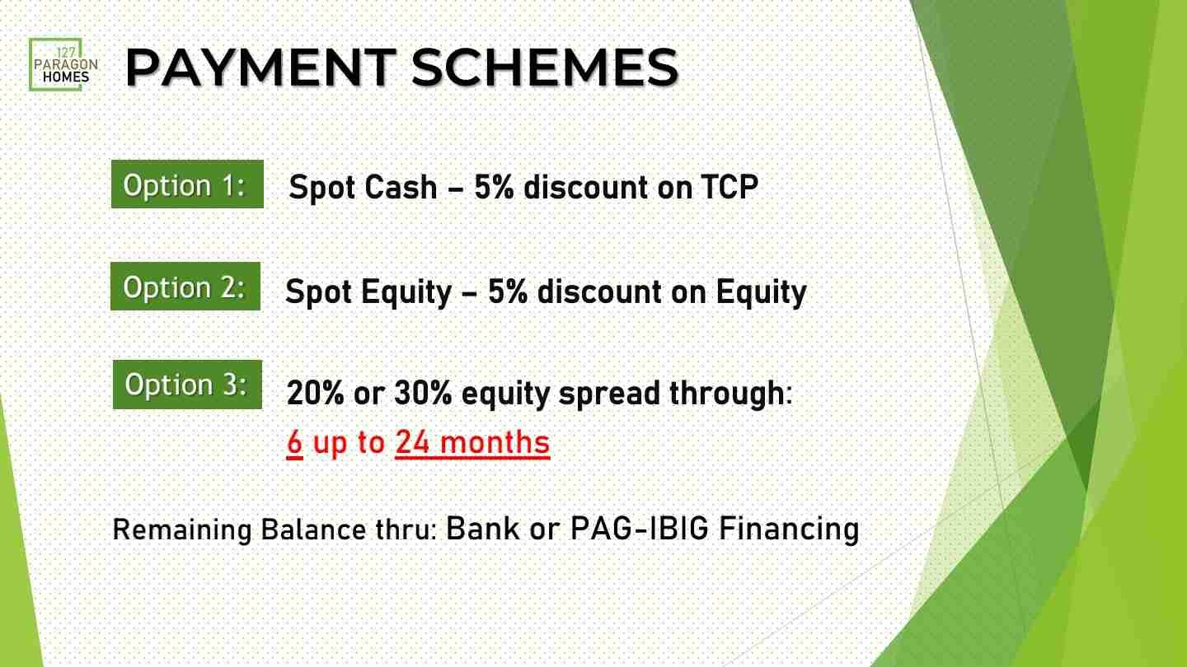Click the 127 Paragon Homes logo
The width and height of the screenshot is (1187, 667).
pos(63,64)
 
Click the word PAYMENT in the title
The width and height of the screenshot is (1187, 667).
pos(260,68)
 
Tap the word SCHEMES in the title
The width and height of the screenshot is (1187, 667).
pos(545,68)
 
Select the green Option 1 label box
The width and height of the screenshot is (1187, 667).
pos(187,184)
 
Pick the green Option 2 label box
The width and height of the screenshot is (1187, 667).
pos(185,286)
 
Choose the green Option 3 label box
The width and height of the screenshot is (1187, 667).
pos(188,385)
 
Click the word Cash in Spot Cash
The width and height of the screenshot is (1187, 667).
pos(401,187)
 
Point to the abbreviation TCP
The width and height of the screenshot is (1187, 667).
pos(730,187)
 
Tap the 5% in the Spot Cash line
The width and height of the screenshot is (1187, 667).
pos(494,187)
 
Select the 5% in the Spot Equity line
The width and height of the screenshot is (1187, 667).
pos(508,292)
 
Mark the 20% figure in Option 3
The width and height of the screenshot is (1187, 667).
pos(315,393)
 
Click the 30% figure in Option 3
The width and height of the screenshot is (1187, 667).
pos(424,393)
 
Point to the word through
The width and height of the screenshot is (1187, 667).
pos(727,394)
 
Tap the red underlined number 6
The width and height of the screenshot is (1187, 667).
pos(294,442)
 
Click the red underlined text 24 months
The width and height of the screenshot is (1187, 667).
pos(472,442)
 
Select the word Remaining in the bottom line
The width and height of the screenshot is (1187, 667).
pos(182,530)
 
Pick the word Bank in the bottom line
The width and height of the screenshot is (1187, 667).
pos(482,529)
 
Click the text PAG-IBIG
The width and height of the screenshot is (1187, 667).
pos(639,529)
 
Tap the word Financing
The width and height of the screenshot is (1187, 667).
pos(789,529)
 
